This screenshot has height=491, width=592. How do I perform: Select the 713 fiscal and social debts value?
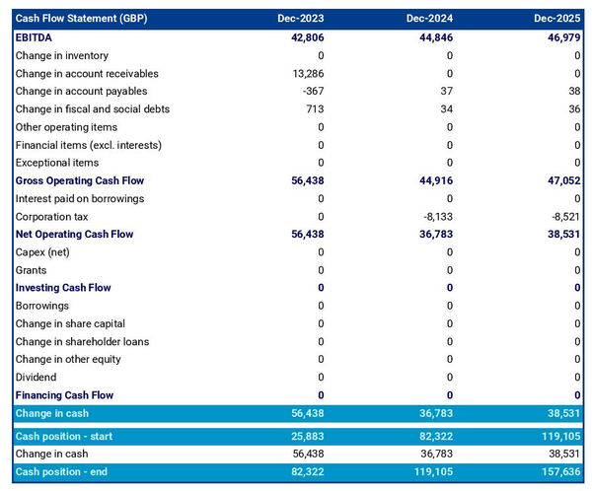(x=315, y=109)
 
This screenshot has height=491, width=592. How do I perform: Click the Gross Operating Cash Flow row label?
(x=80, y=181)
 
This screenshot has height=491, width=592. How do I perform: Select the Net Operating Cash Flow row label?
(x=74, y=235)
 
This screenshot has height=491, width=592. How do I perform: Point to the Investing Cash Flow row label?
(x=63, y=288)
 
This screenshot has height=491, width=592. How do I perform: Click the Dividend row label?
(x=36, y=378)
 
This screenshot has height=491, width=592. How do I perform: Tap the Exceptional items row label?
(x=57, y=163)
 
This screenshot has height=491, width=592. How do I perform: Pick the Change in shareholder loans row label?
(x=81, y=342)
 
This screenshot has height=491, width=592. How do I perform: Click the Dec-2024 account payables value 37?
(x=446, y=92)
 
